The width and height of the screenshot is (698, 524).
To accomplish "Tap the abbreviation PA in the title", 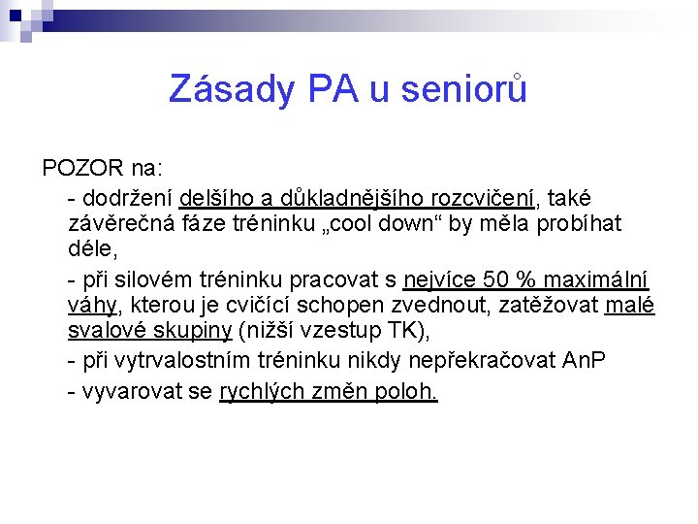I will (x=333, y=89).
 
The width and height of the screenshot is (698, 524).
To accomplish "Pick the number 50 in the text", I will (x=496, y=279).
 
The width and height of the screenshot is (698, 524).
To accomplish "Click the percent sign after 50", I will (x=526, y=279).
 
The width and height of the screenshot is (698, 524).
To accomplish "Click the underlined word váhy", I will (x=92, y=306).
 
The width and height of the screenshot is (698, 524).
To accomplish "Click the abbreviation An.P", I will (x=584, y=360).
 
